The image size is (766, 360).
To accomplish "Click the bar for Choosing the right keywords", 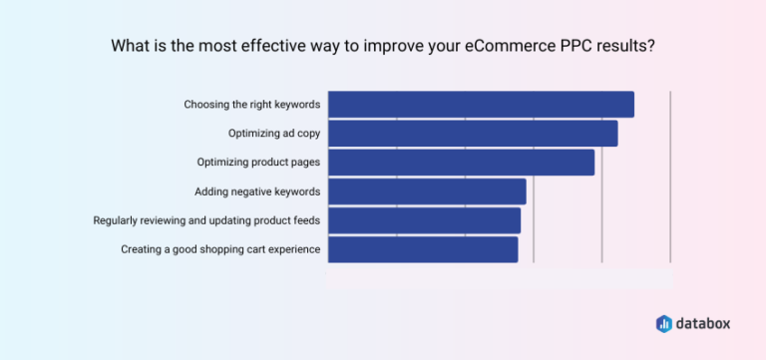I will pos(481,105).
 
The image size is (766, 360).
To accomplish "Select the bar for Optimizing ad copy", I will pos(473,134).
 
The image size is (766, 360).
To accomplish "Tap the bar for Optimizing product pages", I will pos(461,163).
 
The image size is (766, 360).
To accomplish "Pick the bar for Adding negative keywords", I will pos(427,191).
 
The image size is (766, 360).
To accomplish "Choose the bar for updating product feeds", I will pos(424,220).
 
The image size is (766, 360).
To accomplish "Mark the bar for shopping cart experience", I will pos(423,249).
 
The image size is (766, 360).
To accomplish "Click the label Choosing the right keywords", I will pos(251,105).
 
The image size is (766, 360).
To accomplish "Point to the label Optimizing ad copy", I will pos(273,134).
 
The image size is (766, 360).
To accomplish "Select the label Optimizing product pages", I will pos(258,163).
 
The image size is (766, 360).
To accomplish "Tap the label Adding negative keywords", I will pos(257,191).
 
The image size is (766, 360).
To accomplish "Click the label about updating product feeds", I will pos(206,220).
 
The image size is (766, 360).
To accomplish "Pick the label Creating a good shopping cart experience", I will pos(220,249).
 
